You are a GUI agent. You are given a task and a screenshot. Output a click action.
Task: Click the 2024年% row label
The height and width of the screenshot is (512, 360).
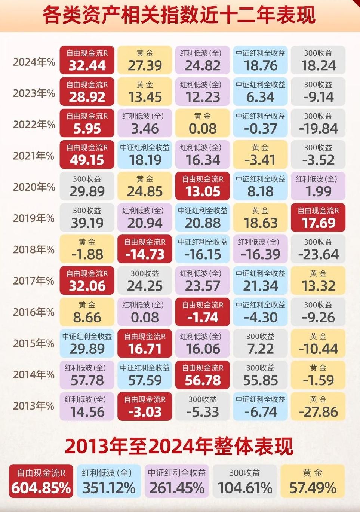(34, 62)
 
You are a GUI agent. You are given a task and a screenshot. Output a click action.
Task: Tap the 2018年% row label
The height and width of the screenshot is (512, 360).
(34, 249)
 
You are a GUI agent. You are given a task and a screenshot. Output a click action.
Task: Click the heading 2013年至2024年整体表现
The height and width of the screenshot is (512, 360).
(179, 446)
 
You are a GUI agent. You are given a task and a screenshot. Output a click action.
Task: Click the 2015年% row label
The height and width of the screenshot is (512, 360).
(34, 343)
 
